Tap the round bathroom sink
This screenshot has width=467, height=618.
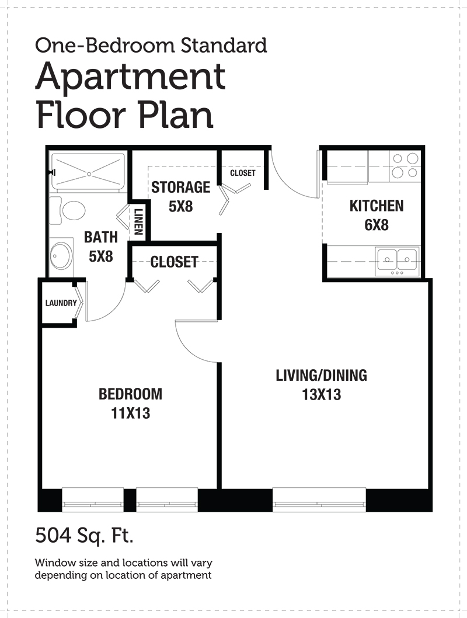pos(61,255)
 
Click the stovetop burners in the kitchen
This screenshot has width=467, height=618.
pos(405,165)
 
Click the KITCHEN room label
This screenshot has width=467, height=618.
pos(377,206)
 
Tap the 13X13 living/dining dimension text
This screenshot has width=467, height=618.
pos(321,394)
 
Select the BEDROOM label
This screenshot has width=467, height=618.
pos(130,394)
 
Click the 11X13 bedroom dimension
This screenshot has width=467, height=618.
pos(130,413)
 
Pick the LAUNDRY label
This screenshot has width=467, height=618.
pos(61,303)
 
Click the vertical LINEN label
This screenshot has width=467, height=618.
pos(138,221)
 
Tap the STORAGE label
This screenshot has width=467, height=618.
pos(181,188)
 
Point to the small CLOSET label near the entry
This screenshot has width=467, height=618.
pos(243,173)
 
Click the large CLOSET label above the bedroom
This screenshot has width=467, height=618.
pos(174,262)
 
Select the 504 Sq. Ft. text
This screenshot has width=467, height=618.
pos(84,535)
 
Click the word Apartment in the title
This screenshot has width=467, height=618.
pos(130,77)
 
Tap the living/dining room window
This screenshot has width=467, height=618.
pos(319,500)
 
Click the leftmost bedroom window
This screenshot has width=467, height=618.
pos(93,500)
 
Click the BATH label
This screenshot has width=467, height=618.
pos(101,237)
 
